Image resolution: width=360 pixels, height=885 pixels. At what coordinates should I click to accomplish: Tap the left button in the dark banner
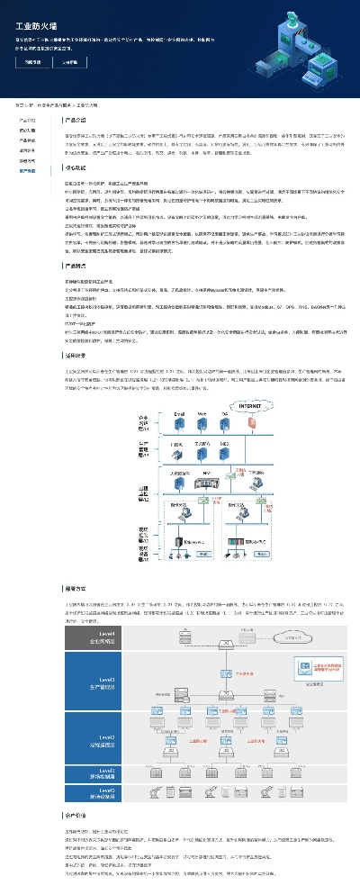33,63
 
